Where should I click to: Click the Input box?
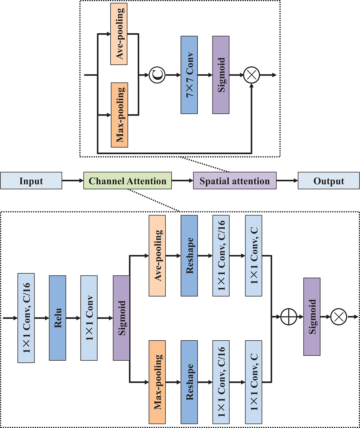coord(31,181)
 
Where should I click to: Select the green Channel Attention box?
coord(128,181)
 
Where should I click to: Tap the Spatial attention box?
coord(235,181)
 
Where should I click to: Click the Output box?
coord(329,181)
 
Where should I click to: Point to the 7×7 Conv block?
coord(189,75)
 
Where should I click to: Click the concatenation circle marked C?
coord(157,75)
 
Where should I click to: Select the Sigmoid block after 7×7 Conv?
coord(221,75)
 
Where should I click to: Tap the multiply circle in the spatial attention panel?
coord(252,75)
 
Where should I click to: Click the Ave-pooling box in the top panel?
coord(119,34)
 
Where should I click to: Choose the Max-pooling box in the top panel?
coord(119,115)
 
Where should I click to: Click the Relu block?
coord(57,318)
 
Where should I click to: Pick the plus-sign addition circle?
coord(289,317)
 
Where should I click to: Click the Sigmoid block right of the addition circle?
coord(312,317)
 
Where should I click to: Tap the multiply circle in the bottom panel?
coord(339,317)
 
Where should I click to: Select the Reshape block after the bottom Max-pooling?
coord(189,382)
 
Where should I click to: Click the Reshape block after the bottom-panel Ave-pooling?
coord(189,256)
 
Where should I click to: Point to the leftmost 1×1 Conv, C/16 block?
coord(26,318)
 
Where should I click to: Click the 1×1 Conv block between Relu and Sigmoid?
coord(89,318)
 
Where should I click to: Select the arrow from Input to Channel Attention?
coord(73,181)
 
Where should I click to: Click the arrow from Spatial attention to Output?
coord(287,181)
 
